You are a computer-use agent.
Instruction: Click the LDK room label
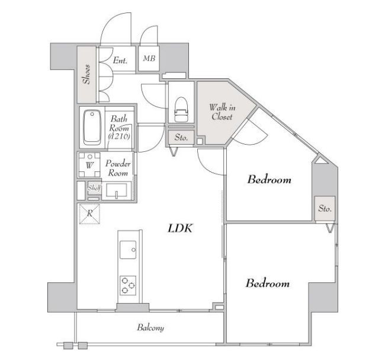point(180,228)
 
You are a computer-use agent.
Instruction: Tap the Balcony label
point(150,328)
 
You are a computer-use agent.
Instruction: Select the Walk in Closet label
point(222,112)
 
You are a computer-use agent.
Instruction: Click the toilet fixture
point(181,109)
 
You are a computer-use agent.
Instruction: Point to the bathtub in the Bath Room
point(92,128)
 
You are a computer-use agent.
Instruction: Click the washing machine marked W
point(89,165)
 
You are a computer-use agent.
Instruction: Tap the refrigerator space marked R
point(89,214)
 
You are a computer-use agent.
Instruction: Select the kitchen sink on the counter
point(128,250)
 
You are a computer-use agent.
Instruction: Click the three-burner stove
point(128,285)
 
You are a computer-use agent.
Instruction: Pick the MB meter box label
point(149,58)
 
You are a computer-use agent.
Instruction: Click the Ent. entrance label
point(120,60)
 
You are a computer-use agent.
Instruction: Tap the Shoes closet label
point(86,74)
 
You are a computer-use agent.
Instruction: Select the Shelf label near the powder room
point(94,188)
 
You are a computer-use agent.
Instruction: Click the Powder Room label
point(118,168)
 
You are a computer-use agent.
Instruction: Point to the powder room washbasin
point(117,190)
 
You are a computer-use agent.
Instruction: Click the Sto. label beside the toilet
point(181,138)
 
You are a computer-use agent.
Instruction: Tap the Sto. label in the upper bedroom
point(325,208)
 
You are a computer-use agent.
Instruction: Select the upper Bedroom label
point(269,180)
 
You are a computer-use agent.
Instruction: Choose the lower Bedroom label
point(268,283)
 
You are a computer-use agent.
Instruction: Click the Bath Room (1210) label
point(119,128)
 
